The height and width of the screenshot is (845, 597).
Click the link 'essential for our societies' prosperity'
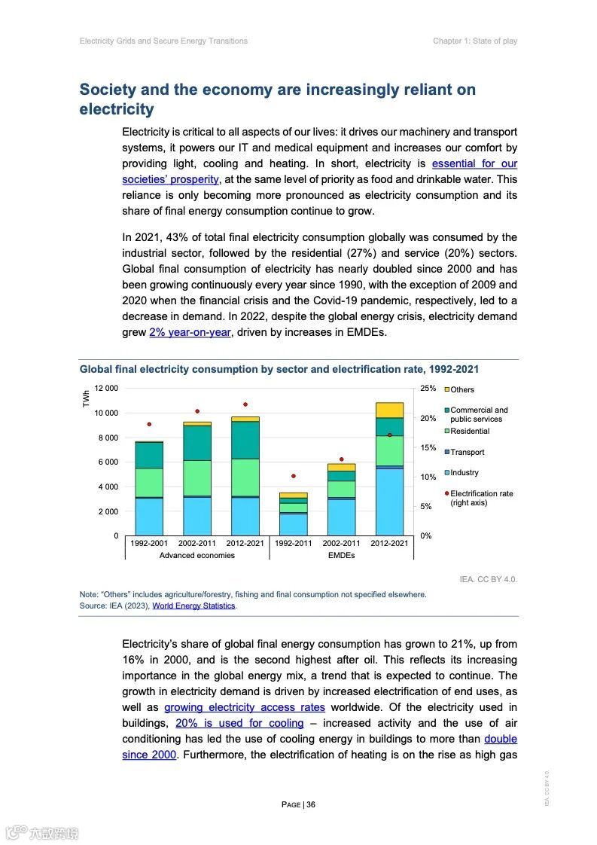tap(474, 163)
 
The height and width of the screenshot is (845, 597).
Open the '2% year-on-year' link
tap(190, 332)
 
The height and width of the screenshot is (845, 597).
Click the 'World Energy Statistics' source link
tap(194, 606)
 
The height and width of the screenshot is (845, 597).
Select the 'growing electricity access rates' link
tap(245, 707)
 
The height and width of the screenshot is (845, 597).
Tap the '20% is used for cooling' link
tap(239, 723)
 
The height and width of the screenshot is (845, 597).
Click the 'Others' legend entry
tap(462, 390)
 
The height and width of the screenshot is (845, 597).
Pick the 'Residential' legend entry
tap(470, 432)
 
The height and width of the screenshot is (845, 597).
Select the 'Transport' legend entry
tap(467, 453)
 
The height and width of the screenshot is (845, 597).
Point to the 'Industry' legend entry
tap(464, 473)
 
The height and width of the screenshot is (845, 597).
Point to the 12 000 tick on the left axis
tap(106, 389)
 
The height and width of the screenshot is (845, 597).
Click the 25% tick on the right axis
tap(428, 389)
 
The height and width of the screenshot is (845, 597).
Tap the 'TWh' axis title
tap(86, 398)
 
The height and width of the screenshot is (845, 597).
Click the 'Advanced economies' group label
tap(196, 556)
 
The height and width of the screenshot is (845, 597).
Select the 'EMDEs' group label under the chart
tap(341, 556)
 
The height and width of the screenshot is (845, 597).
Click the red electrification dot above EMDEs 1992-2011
tap(294, 476)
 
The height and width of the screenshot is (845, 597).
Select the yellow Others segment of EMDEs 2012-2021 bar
tap(389, 410)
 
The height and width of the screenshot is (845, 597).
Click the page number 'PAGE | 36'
tap(298, 804)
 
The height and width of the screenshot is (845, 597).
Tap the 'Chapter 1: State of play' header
tap(474, 41)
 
